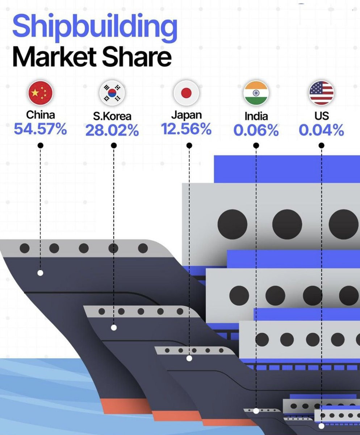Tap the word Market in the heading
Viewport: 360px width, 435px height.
(54, 57)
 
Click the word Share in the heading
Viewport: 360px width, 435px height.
(137, 57)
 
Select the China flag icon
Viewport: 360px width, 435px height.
(41, 93)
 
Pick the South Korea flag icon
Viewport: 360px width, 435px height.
(112, 93)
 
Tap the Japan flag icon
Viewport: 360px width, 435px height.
(186, 93)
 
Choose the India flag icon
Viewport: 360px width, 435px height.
(256, 93)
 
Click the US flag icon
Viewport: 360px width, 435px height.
(322, 93)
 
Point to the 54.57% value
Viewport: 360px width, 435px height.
(41, 129)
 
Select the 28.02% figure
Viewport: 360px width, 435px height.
(112, 130)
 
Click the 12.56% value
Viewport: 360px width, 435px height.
(186, 129)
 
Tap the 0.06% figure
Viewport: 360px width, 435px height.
(256, 130)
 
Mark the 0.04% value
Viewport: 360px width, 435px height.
(322, 130)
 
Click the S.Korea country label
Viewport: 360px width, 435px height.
(112, 116)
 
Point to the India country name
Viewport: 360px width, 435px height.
(256, 116)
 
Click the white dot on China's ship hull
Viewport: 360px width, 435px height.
(41, 273)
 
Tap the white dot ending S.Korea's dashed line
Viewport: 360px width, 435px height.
(114, 328)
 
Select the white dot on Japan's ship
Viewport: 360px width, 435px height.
(189, 359)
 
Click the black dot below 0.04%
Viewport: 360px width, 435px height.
(321, 145)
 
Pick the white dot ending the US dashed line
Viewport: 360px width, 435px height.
(322, 426)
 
